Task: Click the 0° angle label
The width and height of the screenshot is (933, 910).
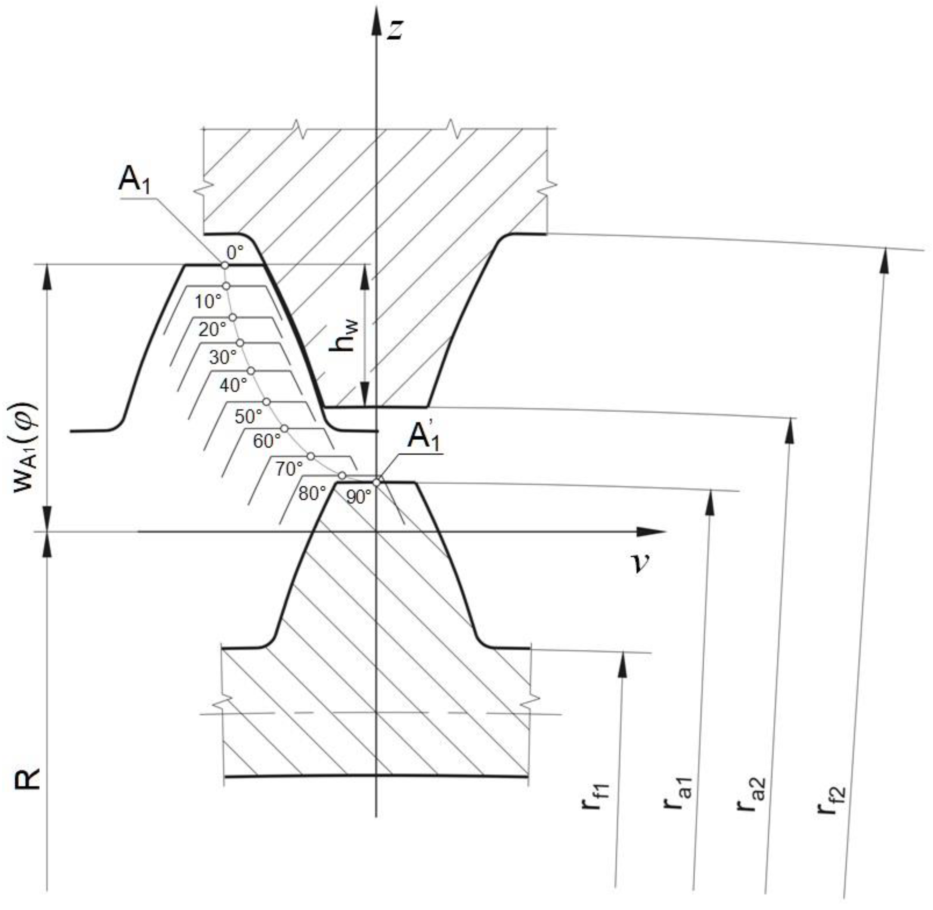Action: point(235,252)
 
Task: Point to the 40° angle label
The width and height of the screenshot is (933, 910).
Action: point(233,384)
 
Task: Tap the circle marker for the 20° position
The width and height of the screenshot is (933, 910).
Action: point(232,317)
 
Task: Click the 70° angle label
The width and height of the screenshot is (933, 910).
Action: point(289,469)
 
